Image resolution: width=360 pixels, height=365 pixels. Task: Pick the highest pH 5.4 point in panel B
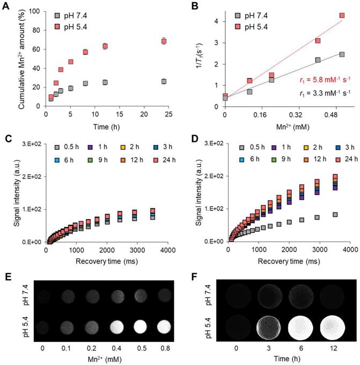click(x=342, y=16)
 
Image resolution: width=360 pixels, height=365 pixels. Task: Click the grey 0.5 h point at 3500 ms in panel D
click(x=335, y=215)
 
